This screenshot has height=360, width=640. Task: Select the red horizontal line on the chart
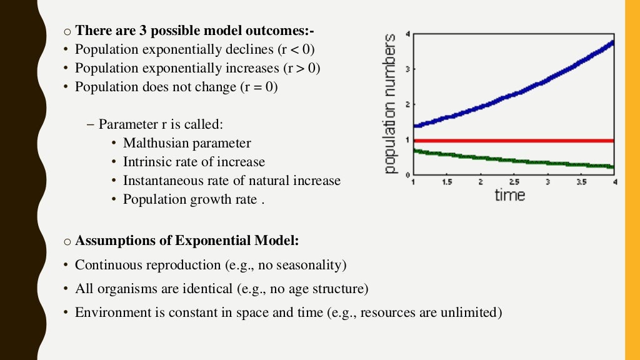(512, 141)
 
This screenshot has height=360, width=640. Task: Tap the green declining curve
(512, 159)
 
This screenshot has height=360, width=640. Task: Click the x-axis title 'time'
(510, 194)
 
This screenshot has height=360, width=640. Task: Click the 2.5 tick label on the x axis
(513, 182)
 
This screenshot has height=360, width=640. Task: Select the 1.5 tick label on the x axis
(447, 182)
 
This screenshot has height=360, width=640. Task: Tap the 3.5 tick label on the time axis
(581, 182)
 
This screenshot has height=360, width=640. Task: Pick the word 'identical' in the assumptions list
(182, 289)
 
